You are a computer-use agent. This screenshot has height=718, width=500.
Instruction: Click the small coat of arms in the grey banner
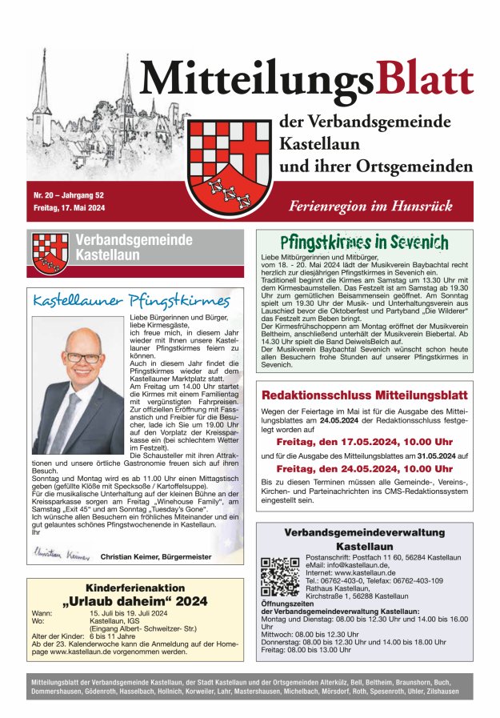coord(50,253)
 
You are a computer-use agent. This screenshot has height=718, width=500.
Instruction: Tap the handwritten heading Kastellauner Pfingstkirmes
coord(131,301)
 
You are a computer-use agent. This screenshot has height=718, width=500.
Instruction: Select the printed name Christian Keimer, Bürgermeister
coord(156,556)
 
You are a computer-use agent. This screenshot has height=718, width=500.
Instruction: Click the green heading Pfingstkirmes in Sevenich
coord(364,242)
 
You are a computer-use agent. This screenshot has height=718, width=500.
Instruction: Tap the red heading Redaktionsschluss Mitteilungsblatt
coord(364,395)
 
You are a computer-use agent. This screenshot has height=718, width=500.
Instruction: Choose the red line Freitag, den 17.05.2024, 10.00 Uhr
coord(364,441)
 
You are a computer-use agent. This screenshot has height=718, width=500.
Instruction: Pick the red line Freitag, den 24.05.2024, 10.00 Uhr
coord(364,468)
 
